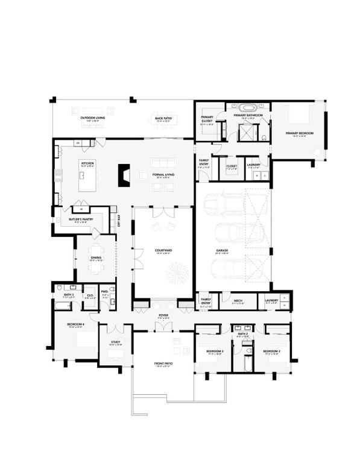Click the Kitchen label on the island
[88, 163]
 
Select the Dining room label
[96, 258]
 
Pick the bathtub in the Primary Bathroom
[248, 109]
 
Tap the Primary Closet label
[207, 119]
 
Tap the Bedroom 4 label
[75, 324]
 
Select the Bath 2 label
[243, 333]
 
